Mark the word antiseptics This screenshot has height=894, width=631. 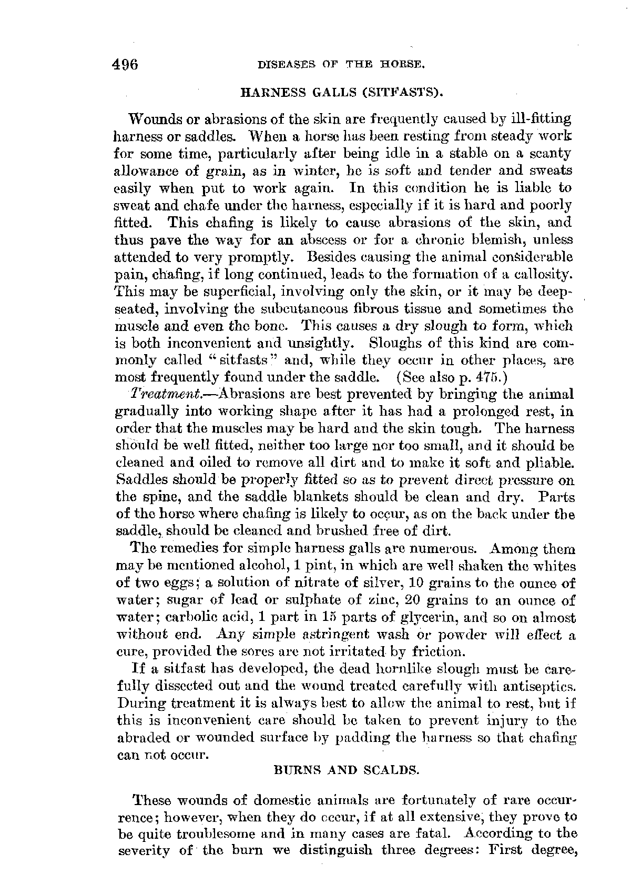546,687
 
